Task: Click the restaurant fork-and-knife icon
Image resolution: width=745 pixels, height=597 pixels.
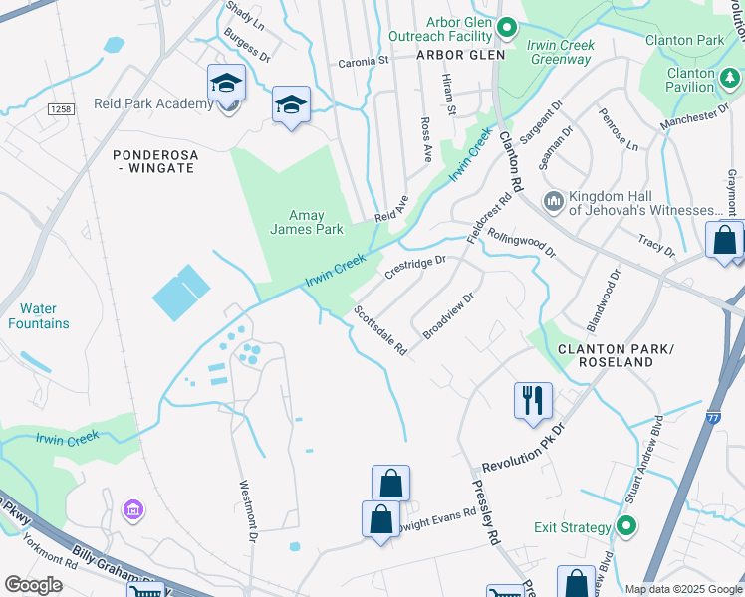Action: click(x=533, y=400)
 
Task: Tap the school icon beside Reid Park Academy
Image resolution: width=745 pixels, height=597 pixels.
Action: click(x=226, y=84)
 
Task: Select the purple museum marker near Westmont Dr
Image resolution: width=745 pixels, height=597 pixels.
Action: click(x=131, y=510)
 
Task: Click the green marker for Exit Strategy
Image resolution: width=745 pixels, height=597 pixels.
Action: click(x=625, y=526)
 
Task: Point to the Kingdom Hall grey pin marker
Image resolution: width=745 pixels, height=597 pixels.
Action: click(x=554, y=202)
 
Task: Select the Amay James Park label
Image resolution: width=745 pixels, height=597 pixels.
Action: click(x=307, y=222)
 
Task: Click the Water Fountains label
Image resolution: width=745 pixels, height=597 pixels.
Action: click(x=38, y=316)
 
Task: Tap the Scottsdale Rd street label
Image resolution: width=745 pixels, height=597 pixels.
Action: click(x=380, y=331)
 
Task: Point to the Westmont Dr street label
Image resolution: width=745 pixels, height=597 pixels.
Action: click(x=248, y=511)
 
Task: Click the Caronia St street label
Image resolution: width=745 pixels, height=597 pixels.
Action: click(x=363, y=61)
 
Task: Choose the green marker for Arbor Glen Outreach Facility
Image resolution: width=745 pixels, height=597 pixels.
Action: click(x=506, y=28)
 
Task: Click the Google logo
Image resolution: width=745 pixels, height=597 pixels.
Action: click(x=34, y=584)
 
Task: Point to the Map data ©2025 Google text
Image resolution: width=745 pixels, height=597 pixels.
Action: click(x=681, y=589)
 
